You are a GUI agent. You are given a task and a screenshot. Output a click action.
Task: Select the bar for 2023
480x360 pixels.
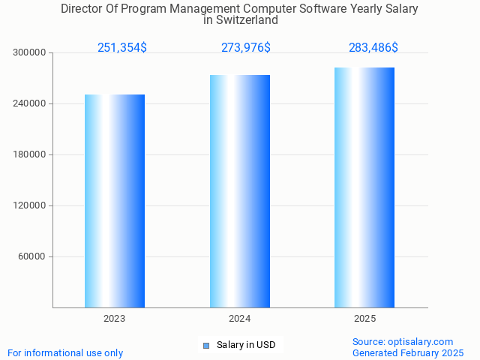[115, 201]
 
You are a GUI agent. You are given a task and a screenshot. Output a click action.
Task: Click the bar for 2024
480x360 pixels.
[240, 191]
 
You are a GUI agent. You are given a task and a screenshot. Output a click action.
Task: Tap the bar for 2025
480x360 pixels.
[364, 187]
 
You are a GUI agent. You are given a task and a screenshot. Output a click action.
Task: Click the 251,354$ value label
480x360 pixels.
[122, 48]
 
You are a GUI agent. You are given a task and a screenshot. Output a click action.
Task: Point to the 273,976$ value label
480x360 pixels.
[246, 48]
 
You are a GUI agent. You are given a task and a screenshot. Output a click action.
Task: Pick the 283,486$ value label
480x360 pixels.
[373, 48]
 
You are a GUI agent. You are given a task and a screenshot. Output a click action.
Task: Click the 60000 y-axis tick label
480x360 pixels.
[32, 256]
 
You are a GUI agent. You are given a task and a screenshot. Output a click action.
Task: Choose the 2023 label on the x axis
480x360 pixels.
[115, 319]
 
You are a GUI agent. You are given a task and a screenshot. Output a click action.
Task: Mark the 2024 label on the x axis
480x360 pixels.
[240, 319]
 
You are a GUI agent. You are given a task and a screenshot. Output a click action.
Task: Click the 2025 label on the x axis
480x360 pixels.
[364, 319]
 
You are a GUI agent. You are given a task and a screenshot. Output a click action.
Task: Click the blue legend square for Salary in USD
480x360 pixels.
[206, 346]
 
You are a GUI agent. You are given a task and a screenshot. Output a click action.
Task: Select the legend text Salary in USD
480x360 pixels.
[246, 345]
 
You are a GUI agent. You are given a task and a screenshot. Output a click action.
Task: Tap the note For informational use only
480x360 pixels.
[65, 352]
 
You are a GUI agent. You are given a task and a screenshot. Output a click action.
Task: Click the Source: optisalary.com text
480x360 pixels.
[403, 342]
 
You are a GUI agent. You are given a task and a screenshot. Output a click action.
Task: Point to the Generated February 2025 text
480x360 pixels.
[408, 352]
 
